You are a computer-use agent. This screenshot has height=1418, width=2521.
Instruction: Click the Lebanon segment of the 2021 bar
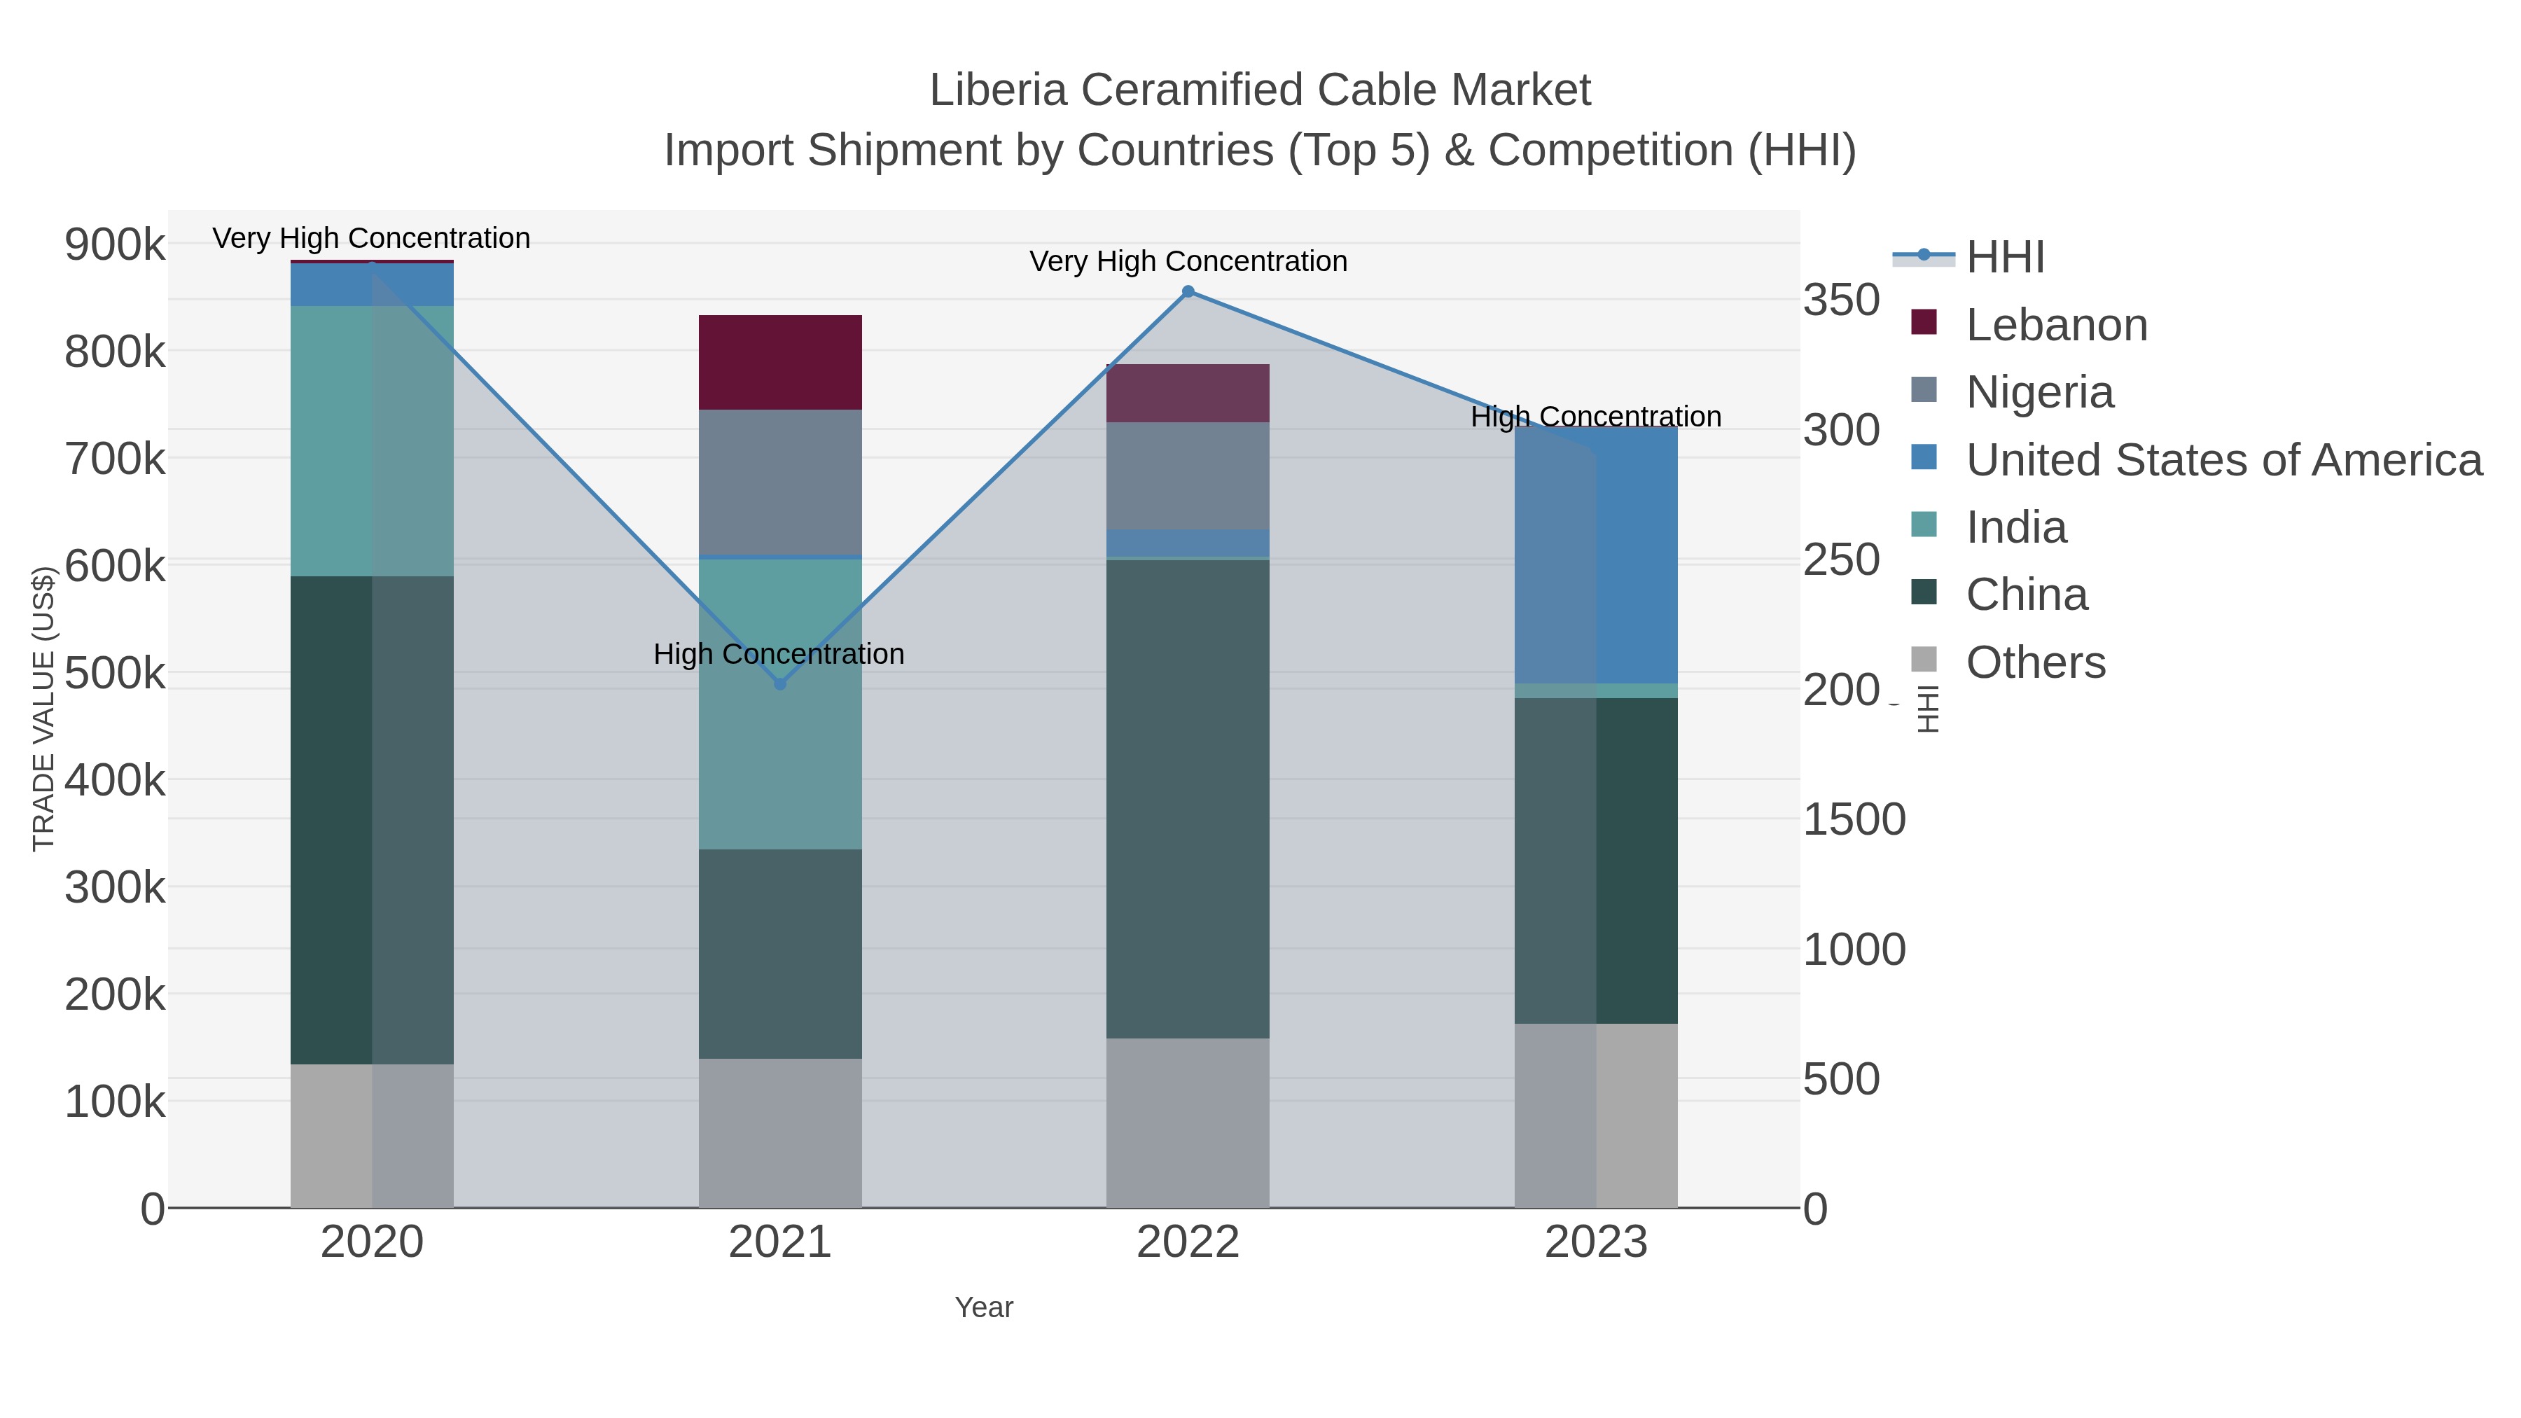[x=780, y=362]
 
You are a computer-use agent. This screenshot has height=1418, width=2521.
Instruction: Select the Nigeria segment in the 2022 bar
[x=1187, y=475]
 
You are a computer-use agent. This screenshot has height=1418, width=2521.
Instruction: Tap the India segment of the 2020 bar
[x=372, y=440]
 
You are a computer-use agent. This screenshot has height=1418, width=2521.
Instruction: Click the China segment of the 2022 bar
[x=1187, y=798]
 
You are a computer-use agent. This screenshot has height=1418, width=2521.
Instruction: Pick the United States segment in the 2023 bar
[x=1596, y=555]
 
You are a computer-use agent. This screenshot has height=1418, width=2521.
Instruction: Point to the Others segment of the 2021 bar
[x=780, y=1132]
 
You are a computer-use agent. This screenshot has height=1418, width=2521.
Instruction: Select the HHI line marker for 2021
[x=780, y=684]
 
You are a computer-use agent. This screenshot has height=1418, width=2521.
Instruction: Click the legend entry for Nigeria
[x=2039, y=392]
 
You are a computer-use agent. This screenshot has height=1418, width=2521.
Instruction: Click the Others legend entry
[x=2034, y=662]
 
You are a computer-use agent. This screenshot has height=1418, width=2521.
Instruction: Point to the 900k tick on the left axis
[x=115, y=244]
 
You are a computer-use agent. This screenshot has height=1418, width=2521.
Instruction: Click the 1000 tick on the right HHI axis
[x=1854, y=950]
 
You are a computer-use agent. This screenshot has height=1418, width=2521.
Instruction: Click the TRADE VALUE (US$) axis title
[x=44, y=709]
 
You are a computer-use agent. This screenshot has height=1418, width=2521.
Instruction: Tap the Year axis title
[x=984, y=1307]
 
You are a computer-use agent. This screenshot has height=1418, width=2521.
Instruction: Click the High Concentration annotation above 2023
[x=1595, y=417]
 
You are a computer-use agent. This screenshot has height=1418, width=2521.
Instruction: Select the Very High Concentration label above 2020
[x=371, y=238]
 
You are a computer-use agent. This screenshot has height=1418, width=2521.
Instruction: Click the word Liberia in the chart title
[x=997, y=90]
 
